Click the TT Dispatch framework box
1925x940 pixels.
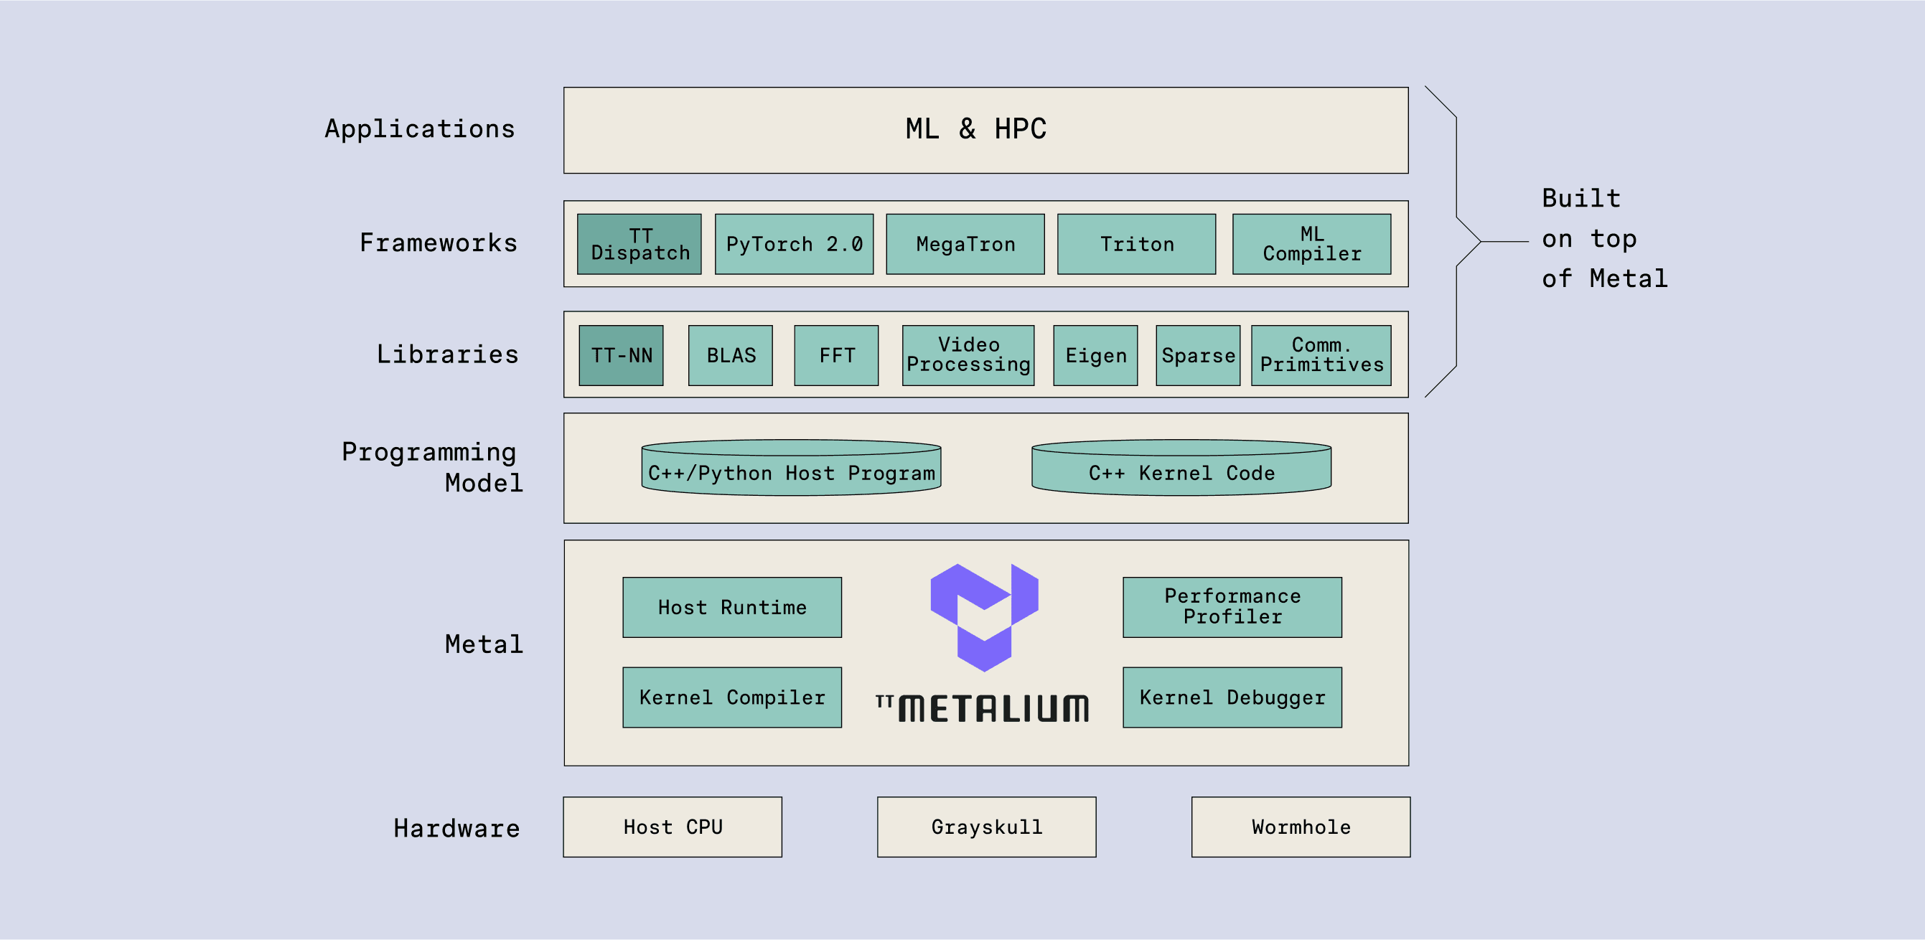click(639, 245)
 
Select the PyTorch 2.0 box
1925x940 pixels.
click(794, 245)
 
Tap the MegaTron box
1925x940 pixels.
click(965, 245)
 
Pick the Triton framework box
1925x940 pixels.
click(1136, 245)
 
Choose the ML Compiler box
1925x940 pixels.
click(1311, 245)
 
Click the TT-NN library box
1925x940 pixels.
click(621, 356)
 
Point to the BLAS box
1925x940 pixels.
click(730, 356)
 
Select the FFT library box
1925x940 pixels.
click(836, 356)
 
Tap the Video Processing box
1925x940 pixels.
click(968, 356)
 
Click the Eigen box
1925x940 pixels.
click(1095, 356)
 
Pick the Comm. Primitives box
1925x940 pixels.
click(1321, 356)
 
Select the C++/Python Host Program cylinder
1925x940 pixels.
click(791, 469)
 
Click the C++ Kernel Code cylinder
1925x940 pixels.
click(1181, 469)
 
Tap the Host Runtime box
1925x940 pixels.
click(731, 608)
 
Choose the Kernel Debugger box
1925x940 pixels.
click(1232, 697)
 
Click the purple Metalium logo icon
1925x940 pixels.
click(983, 616)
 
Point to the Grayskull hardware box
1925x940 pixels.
click(986, 827)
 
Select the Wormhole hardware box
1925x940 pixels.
click(1301, 827)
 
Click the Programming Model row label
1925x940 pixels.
click(433, 468)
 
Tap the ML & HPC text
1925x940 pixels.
click(975, 129)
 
